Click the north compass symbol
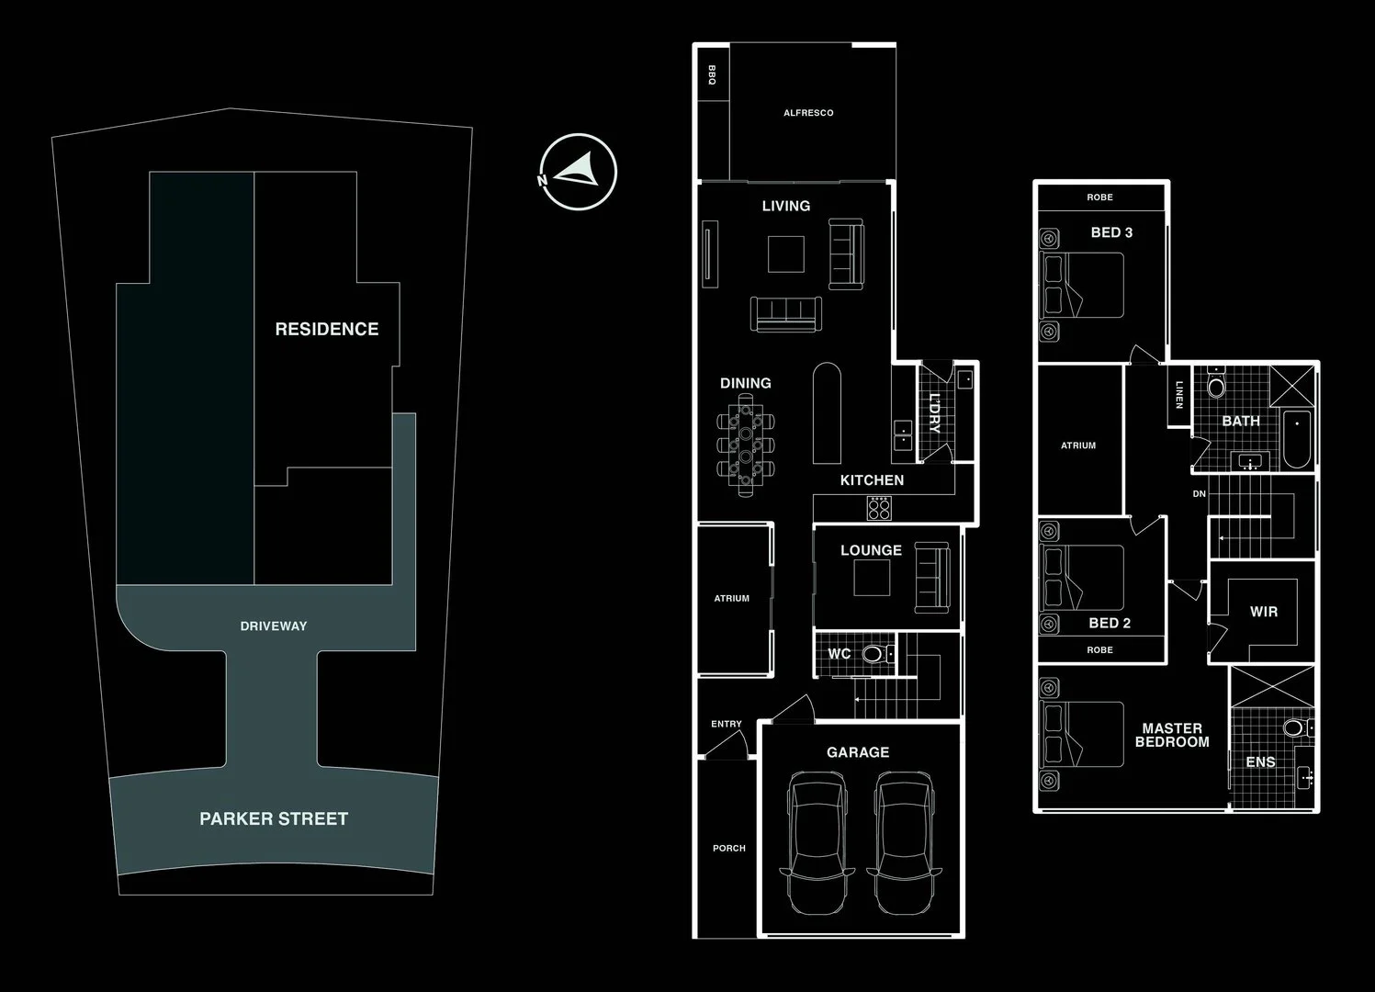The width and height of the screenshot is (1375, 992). pos(578,172)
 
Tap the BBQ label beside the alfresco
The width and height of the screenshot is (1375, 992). pos(712,74)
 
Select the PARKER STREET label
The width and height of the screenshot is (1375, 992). pos(274,818)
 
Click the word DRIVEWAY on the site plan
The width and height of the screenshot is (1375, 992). pos(274,626)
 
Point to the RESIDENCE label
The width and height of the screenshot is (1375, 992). pos(327,329)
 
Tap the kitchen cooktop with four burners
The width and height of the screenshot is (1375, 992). pos(879,508)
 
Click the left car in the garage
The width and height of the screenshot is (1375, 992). pos(815,842)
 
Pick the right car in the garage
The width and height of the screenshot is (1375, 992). pos(904,842)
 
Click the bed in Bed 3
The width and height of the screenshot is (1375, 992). pos(1082,285)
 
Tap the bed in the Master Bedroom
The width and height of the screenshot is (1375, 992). pos(1082,734)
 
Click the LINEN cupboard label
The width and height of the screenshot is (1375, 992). pos(1179,396)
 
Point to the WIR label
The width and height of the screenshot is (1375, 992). pos(1264,612)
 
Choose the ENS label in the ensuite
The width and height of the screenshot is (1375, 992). pos(1260,762)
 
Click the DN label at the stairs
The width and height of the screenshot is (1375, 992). pos(1199,494)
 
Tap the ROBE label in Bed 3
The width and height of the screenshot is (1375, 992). pos(1099,197)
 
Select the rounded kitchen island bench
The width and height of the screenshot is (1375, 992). pos(827,413)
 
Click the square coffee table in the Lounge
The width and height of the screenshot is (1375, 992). pos(871,578)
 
